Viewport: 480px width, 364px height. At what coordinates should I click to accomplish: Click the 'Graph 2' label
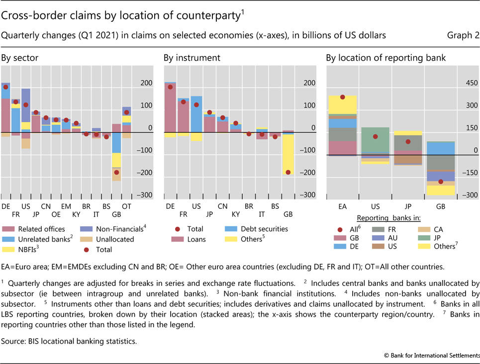(x=464, y=35)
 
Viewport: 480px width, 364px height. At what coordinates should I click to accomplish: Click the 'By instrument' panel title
(x=192, y=58)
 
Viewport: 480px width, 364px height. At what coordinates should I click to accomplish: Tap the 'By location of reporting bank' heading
(x=386, y=58)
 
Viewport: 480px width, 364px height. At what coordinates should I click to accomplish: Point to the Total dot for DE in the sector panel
(x=5, y=87)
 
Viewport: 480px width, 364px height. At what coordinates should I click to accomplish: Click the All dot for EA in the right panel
(x=342, y=97)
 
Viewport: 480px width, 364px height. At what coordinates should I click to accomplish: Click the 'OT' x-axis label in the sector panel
(x=127, y=205)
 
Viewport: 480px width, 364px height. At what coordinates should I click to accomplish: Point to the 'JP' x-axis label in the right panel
(x=408, y=205)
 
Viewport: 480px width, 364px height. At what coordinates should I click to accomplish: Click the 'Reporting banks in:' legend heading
(x=390, y=218)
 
